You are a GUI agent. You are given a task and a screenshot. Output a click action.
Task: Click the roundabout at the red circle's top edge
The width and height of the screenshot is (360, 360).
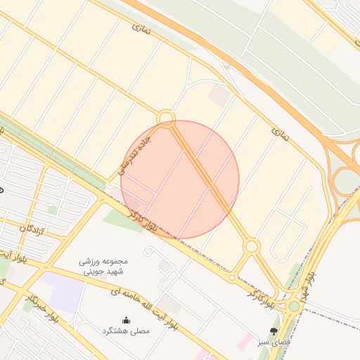tap(166, 117)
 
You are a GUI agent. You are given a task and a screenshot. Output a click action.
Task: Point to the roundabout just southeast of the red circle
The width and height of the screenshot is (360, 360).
tap(252, 246)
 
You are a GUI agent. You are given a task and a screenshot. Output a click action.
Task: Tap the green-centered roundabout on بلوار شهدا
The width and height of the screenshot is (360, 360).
tap(294, 306)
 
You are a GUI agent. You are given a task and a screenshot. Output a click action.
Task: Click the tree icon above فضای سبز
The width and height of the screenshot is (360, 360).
tap(274, 330)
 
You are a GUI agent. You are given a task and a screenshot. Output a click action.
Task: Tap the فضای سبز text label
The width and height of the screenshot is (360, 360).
tap(274, 341)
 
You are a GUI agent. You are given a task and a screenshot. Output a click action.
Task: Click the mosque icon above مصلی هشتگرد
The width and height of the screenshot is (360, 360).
tap(126, 321)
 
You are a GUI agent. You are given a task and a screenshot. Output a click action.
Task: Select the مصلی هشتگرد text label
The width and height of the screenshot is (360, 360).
tap(126, 330)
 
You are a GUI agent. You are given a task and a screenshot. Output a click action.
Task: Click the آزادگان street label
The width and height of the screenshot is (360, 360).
tap(32, 231)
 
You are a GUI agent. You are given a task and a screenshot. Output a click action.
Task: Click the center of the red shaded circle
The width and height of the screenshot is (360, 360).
tap(180, 179)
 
